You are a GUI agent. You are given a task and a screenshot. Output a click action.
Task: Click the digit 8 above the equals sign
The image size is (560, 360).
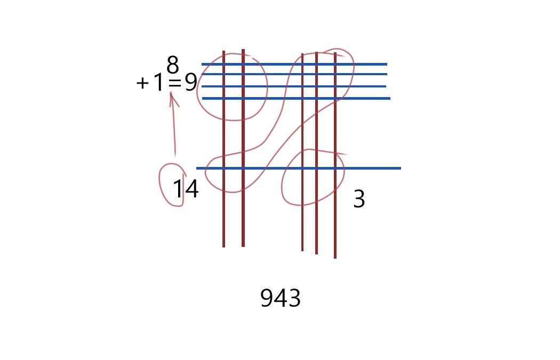coord(172,65)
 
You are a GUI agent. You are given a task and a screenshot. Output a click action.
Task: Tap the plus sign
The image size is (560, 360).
coord(142,83)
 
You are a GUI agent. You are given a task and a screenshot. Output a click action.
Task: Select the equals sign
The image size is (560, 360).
coord(174,84)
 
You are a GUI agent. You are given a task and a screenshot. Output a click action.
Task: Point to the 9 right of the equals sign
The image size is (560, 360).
coord(191,82)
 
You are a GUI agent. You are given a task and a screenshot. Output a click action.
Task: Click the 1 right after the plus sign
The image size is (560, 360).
coord(158,83)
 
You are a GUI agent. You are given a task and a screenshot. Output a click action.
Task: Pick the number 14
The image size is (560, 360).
coord(186,189)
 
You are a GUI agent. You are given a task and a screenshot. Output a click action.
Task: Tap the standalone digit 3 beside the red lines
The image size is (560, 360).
coord(359,199)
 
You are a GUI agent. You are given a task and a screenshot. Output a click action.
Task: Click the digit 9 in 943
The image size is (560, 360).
coord(267,298)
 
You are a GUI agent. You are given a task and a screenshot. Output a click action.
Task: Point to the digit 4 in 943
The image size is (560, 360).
coord(281,298)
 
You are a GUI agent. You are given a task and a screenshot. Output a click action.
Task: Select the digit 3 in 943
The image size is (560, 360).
coord(294,298)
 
